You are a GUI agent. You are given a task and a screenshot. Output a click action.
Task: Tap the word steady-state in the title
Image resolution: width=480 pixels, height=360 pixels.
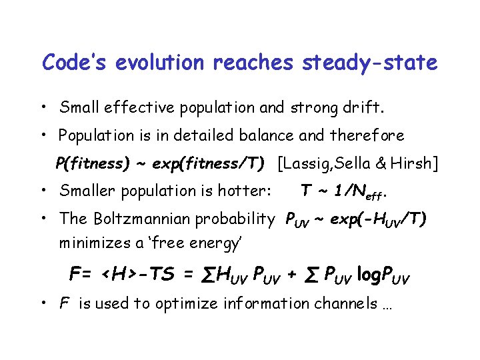pos(370,63)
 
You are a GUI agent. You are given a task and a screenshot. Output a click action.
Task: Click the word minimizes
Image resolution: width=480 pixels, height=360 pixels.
pos(90,243)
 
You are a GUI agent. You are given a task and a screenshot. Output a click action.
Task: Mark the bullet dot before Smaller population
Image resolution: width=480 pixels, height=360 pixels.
pos(42,191)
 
